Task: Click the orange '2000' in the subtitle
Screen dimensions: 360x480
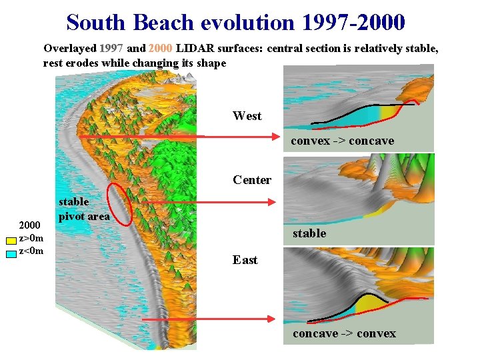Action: (x=161, y=49)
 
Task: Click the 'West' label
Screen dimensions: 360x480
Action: (x=247, y=116)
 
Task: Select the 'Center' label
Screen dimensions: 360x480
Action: (x=251, y=180)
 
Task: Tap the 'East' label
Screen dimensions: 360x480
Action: (x=245, y=260)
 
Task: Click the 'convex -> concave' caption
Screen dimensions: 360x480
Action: (x=342, y=141)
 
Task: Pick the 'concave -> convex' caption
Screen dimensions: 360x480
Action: (x=344, y=333)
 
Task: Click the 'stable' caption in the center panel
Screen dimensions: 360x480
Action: (x=309, y=233)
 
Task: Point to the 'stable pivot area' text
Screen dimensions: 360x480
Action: (x=83, y=209)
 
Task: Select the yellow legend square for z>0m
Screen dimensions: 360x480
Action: (x=11, y=239)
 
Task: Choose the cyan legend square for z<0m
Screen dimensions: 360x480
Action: (x=11, y=251)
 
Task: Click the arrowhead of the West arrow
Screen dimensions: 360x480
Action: (x=274, y=137)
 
